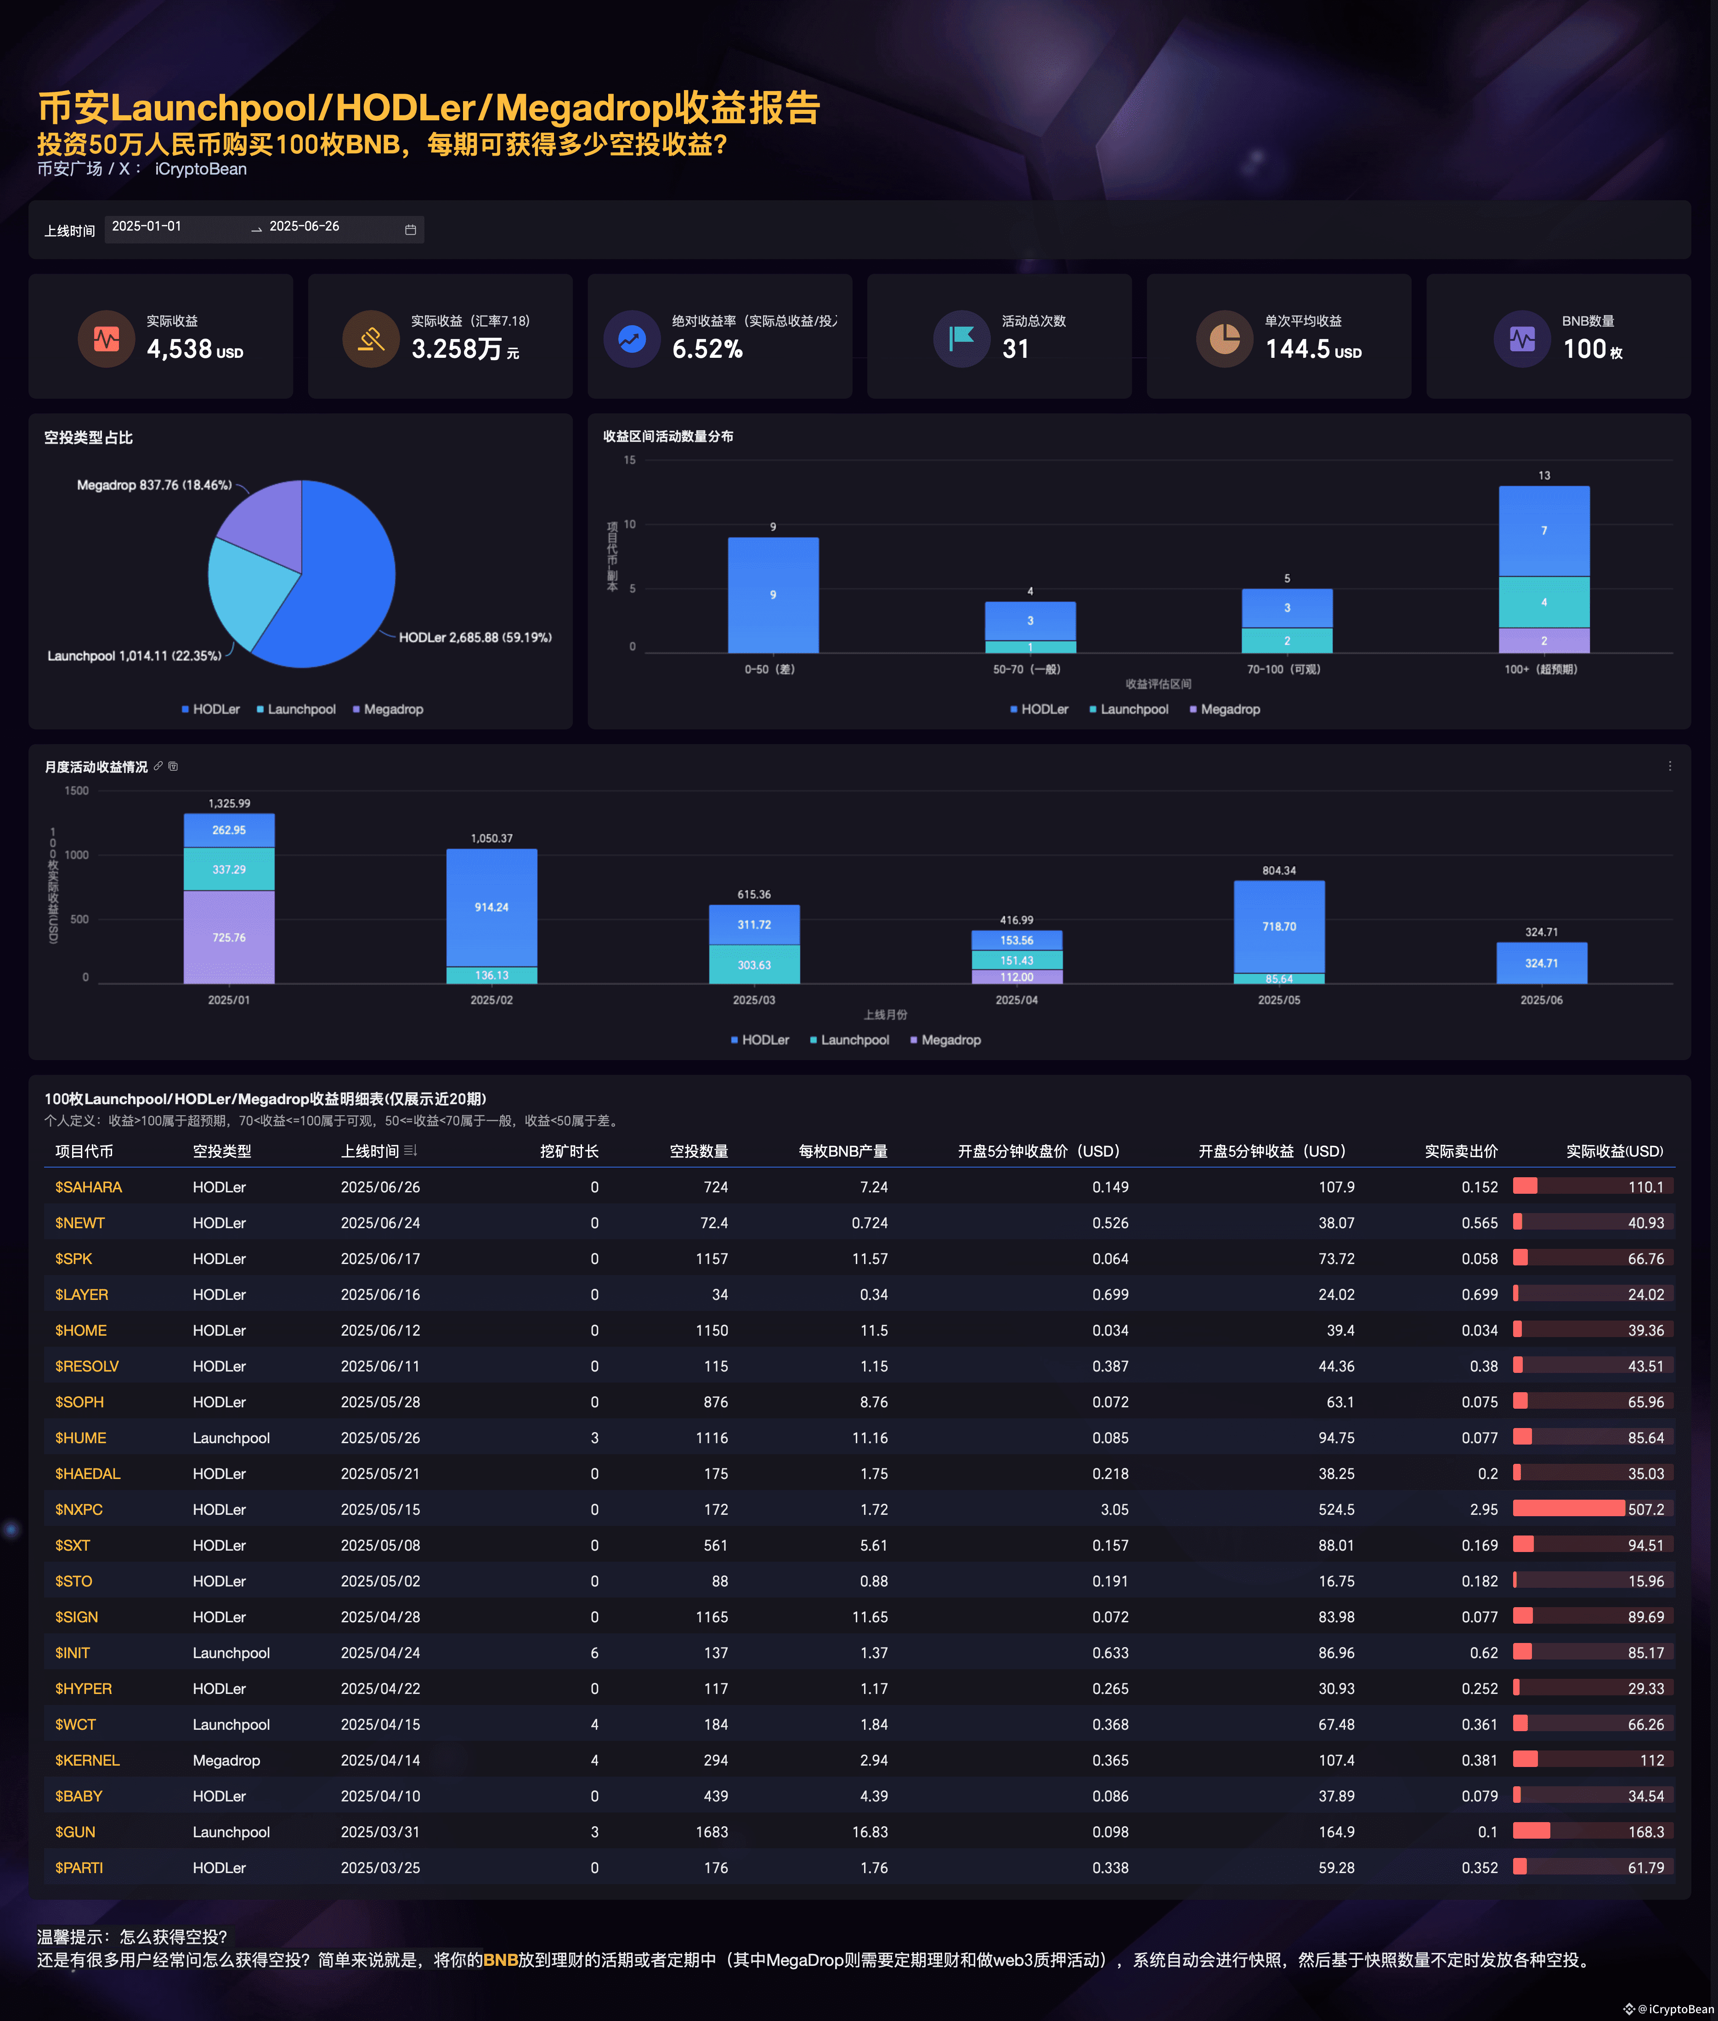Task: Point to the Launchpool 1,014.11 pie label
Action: (x=135, y=655)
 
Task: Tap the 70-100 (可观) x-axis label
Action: (x=1283, y=669)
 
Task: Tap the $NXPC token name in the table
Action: (x=79, y=1509)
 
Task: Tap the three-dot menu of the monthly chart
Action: (x=1669, y=767)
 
